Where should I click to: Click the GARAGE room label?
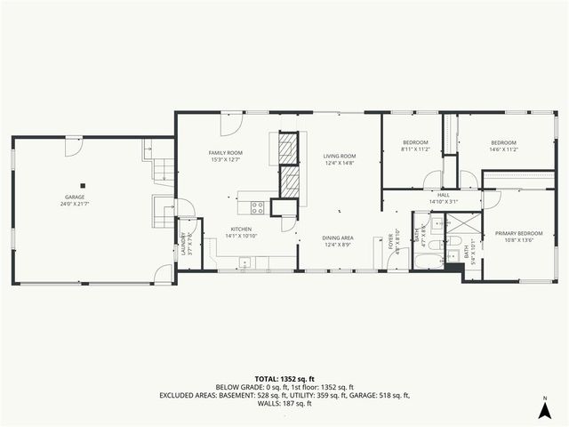point(74,197)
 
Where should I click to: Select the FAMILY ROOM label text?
point(226,153)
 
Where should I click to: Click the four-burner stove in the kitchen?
point(257,207)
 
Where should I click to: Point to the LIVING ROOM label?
point(339,157)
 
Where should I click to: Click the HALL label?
point(443,196)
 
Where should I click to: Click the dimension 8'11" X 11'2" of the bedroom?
point(415,149)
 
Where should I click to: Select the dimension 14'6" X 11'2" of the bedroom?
point(504,149)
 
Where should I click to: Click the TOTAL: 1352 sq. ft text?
point(284,379)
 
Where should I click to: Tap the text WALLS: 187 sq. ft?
point(284,403)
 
